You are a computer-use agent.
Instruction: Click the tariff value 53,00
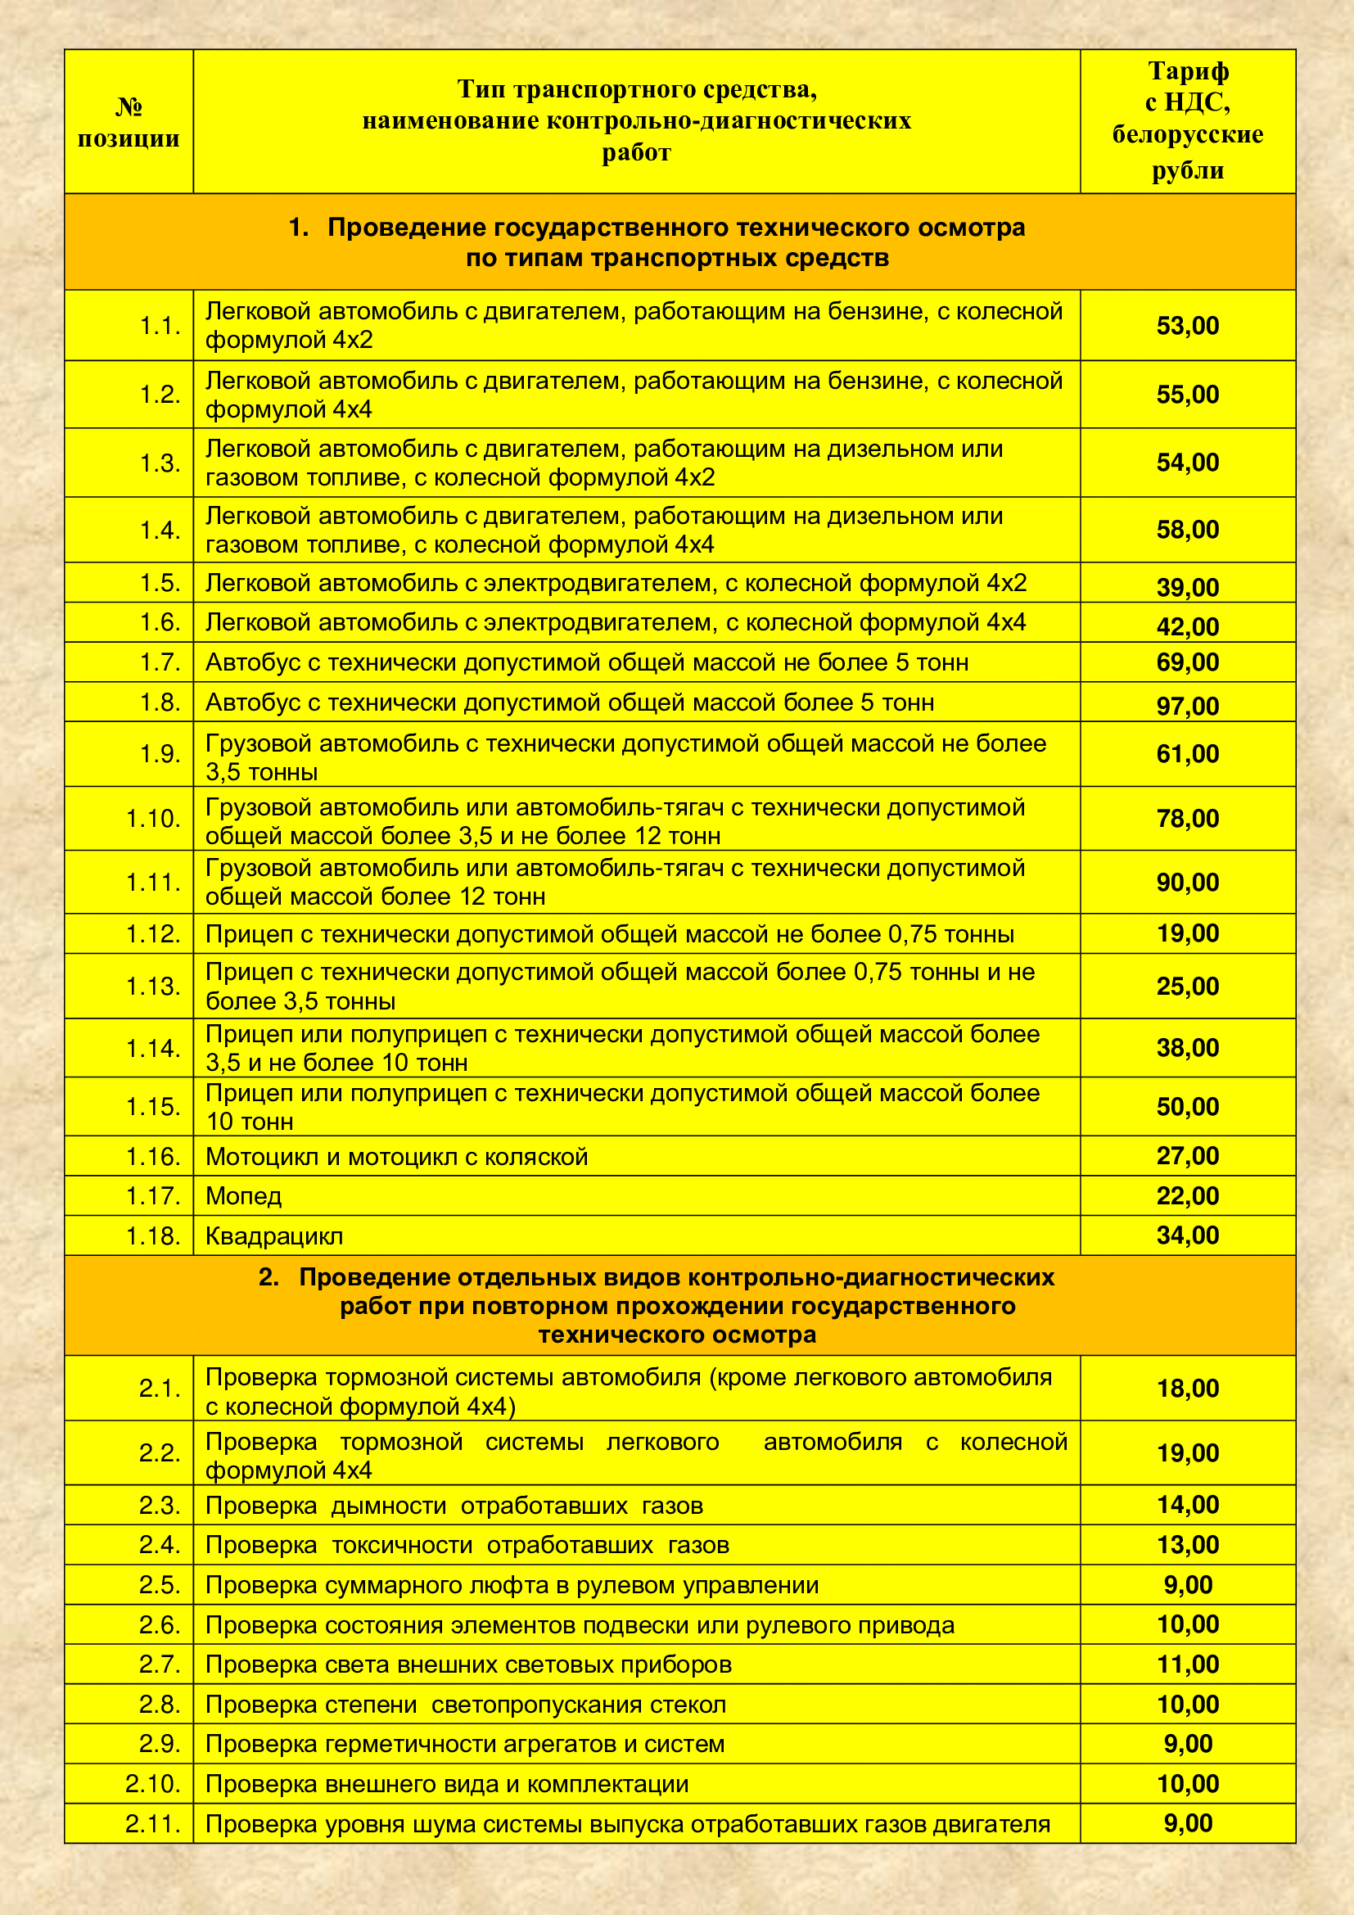(1186, 325)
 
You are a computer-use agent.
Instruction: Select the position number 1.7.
(160, 662)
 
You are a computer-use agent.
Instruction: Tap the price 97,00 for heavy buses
(1186, 706)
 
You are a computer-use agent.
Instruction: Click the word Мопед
(243, 1196)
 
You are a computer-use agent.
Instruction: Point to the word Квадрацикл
(274, 1236)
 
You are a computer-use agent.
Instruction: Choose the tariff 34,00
(1186, 1235)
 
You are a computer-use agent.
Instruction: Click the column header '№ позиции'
(129, 123)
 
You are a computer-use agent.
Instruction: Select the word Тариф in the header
(1187, 72)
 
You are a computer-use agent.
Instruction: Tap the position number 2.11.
(153, 1824)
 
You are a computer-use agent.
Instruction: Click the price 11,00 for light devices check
(1186, 1664)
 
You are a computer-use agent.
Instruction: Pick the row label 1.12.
(153, 933)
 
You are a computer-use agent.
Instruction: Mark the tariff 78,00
(1186, 818)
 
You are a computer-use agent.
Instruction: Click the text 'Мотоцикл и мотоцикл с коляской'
(397, 1157)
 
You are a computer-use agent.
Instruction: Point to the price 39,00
(1186, 587)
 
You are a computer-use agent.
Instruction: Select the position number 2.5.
(160, 1585)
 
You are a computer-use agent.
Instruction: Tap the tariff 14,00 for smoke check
(1186, 1505)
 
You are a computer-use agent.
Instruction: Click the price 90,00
(1186, 882)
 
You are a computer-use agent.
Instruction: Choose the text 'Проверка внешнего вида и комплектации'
(447, 1784)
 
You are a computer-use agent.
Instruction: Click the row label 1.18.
(153, 1236)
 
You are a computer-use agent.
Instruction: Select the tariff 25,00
(1186, 986)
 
